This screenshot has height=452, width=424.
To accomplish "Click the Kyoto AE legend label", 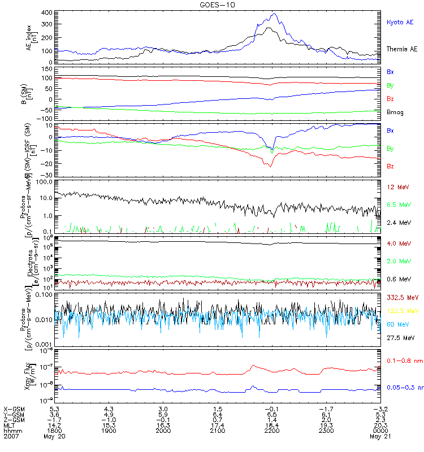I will click(x=400, y=22).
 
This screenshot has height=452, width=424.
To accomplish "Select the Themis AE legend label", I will click(x=402, y=49).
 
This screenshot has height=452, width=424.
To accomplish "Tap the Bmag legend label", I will click(x=395, y=112).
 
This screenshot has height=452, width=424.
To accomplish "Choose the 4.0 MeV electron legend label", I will click(x=398, y=244).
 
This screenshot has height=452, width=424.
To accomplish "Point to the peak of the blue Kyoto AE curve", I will click(x=275, y=14).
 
